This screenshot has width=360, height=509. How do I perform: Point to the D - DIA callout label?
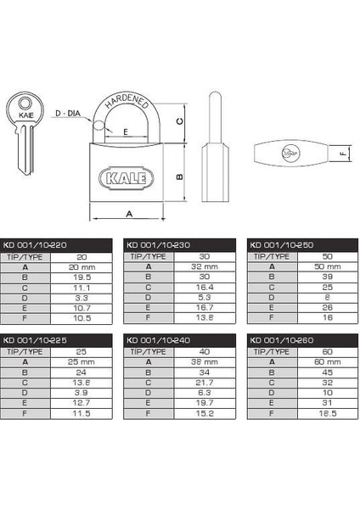click(67, 112)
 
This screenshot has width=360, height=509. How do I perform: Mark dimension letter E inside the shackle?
click(126, 132)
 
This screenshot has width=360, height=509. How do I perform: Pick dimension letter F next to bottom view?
click(342, 154)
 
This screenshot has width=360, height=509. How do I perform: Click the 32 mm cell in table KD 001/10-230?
click(203, 266)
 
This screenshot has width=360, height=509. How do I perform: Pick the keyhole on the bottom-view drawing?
click(292, 154)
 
